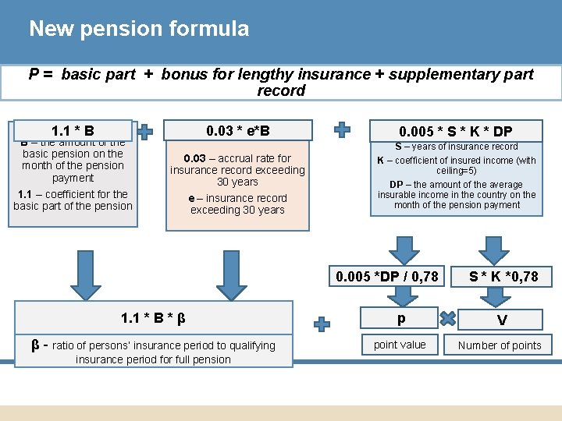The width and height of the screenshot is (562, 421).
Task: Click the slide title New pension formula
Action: (139, 30)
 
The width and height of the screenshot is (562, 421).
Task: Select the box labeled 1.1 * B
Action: (73, 130)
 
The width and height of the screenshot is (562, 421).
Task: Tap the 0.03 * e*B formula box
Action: (238, 130)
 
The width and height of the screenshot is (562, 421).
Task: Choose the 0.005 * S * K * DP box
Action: (456, 131)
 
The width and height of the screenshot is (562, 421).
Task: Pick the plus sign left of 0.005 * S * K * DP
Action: (342, 130)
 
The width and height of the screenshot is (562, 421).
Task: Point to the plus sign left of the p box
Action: (322, 322)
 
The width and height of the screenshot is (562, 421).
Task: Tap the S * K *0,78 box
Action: (503, 276)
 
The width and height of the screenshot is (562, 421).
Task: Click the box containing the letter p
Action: (400, 318)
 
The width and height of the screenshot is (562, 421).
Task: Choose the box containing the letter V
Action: (502, 320)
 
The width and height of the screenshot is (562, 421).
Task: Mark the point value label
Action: (400, 345)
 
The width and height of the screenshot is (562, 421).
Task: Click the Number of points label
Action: (500, 345)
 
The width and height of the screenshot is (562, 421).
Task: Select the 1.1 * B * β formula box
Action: (153, 318)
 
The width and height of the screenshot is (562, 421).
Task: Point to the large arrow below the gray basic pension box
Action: (85, 274)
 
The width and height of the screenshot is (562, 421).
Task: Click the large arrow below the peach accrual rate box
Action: (232, 274)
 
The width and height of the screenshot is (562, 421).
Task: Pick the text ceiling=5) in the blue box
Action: (457, 171)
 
